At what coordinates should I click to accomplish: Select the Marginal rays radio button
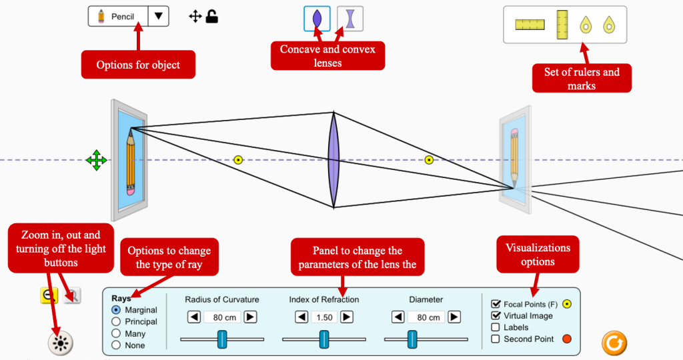pyautogui.click(x=117, y=310)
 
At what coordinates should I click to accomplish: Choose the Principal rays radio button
pyautogui.click(x=117, y=322)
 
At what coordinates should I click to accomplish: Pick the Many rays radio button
pyautogui.click(x=117, y=333)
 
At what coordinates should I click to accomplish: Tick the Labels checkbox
pyautogui.click(x=496, y=327)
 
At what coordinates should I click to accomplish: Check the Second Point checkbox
pyautogui.click(x=496, y=339)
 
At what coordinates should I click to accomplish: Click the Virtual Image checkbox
pyautogui.click(x=496, y=315)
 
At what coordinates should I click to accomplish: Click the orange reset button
pyautogui.click(x=614, y=343)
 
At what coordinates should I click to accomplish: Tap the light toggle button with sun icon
pyautogui.click(x=61, y=343)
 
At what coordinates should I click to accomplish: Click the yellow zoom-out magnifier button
pyautogui.click(x=49, y=296)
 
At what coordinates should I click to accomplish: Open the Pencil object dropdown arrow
pyautogui.click(x=158, y=17)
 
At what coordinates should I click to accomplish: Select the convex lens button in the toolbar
pyautogui.click(x=317, y=19)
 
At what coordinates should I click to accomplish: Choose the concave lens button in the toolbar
pyautogui.click(x=350, y=19)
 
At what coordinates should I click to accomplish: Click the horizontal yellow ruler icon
pyautogui.click(x=530, y=25)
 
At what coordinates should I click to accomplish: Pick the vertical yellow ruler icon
pyautogui.click(x=562, y=23)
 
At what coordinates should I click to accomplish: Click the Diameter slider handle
pyautogui.click(x=412, y=339)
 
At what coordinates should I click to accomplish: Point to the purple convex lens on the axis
pyautogui.click(x=333, y=160)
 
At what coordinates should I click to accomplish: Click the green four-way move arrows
pyautogui.click(x=96, y=160)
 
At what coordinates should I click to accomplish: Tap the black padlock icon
pyautogui.click(x=212, y=16)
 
